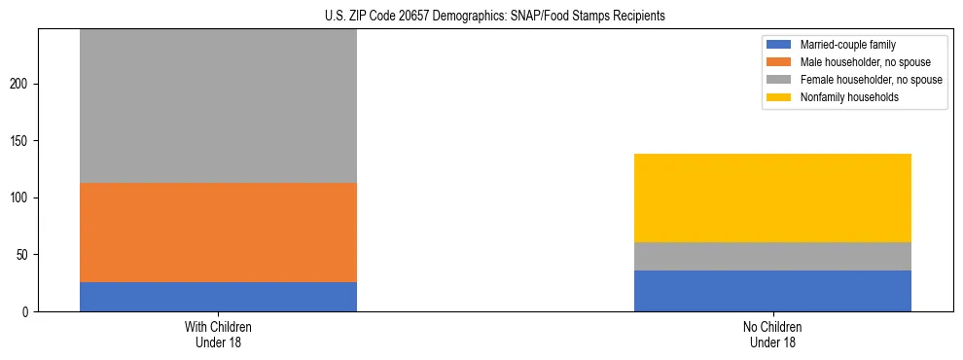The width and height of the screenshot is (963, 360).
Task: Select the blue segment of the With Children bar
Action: click(x=218, y=297)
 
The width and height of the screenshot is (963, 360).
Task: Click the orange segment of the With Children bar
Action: click(x=218, y=233)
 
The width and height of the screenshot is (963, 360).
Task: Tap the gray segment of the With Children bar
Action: click(x=218, y=106)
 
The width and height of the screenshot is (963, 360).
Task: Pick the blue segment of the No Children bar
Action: click(x=772, y=291)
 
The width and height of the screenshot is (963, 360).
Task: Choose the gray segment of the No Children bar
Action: click(x=772, y=256)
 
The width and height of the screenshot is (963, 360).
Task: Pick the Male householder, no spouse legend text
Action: click(x=857, y=62)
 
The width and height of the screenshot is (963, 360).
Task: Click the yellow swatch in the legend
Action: click(x=779, y=97)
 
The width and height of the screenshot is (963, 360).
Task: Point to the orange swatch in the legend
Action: click(x=779, y=62)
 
